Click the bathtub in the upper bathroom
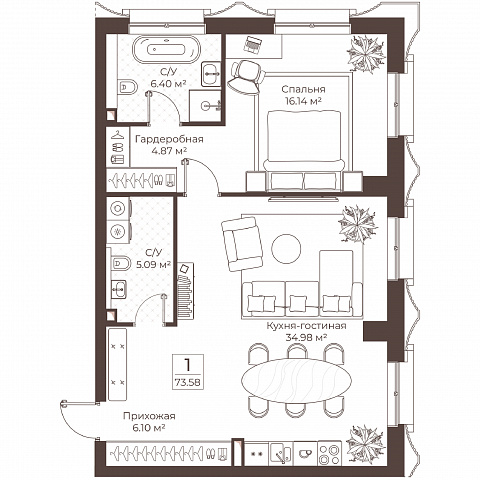tap(167, 49)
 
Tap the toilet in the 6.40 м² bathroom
tap(127, 88)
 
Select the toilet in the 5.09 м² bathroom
tap(120, 263)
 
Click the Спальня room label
tap(303, 89)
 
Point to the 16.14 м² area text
tap(303, 101)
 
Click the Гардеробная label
tap(169, 139)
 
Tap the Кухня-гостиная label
tap(306, 326)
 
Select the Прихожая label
tap(149, 416)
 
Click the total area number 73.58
tap(188, 382)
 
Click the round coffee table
tap(286, 248)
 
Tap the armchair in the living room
tap(242, 244)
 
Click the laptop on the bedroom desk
tap(253, 45)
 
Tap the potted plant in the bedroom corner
tap(366, 54)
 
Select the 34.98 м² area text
tap(306, 338)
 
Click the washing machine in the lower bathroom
tap(118, 209)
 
